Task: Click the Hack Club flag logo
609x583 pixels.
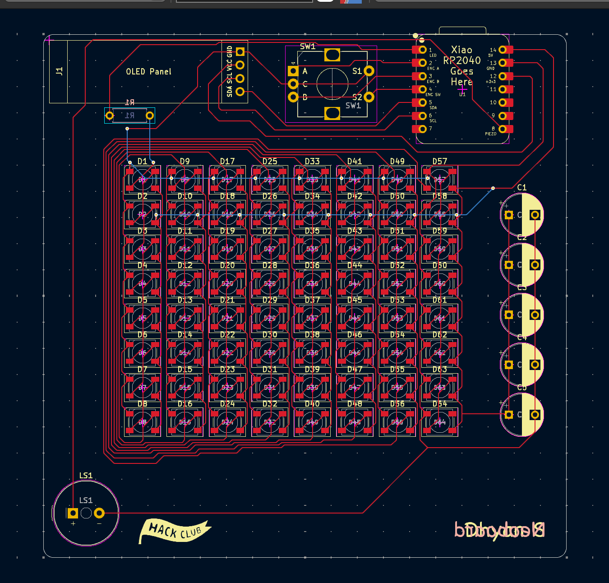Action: pos(175,531)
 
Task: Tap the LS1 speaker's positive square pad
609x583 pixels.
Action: pos(73,513)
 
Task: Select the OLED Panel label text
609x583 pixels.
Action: pos(148,72)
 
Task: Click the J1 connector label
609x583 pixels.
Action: pos(59,71)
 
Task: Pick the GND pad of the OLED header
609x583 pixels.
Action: pos(240,52)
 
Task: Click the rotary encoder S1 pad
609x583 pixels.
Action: pos(369,71)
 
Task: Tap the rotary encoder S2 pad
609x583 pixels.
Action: pos(369,97)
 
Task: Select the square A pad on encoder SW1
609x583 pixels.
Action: pos(293,71)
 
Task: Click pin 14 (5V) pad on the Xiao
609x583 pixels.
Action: pos(503,50)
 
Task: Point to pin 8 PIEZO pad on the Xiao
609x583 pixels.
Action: pos(503,129)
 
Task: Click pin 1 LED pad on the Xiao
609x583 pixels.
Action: pos(422,50)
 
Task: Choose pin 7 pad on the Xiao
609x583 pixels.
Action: pos(422,129)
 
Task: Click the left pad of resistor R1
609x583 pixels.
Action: pos(110,116)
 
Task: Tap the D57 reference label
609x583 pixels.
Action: pos(440,162)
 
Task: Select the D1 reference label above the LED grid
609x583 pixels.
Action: pos(143,162)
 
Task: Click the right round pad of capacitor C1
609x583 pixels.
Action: pos(535,215)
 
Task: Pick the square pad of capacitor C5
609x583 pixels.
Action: pos(509,415)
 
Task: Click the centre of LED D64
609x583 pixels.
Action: pos(440,422)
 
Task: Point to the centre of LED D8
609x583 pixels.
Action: pos(143,422)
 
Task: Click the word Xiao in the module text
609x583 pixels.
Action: pos(461,50)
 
